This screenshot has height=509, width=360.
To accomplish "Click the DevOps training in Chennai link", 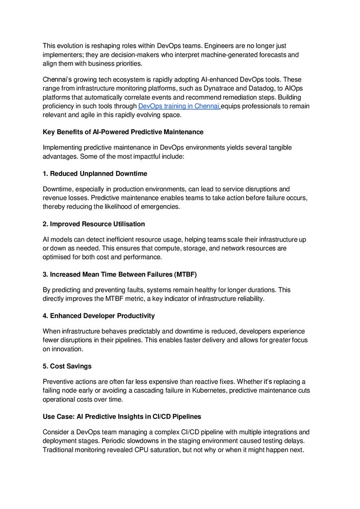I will click(179, 106).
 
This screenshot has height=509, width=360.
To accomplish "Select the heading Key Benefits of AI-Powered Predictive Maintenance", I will click(123, 132).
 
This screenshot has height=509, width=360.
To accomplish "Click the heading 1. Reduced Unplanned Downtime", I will click(95, 173).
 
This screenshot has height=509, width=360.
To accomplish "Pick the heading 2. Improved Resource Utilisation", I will click(94, 224).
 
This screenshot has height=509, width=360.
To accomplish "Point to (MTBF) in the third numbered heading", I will click(185, 274).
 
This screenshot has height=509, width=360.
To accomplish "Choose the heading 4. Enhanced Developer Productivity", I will click(98, 316).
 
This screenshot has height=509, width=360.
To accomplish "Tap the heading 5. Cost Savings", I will click(67, 366).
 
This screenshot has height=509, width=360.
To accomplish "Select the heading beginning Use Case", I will click(122, 416).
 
